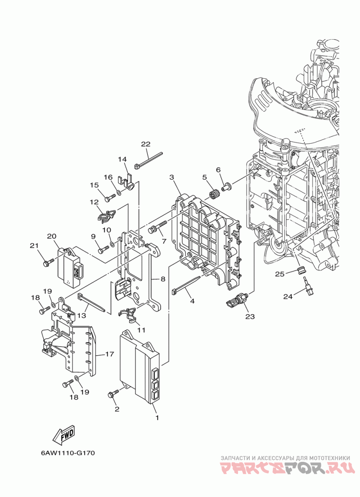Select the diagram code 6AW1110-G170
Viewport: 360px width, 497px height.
[x=68, y=453]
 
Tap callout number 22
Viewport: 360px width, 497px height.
[x=146, y=144]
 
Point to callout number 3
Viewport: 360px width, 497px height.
[x=172, y=177]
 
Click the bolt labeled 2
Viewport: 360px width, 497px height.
[x=113, y=393]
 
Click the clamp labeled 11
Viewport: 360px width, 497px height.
[x=128, y=315]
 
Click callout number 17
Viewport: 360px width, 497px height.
[x=109, y=354]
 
